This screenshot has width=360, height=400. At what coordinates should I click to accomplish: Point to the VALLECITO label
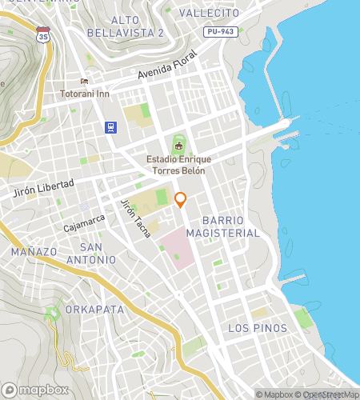[209, 14]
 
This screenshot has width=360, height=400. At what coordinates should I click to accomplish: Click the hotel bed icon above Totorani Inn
[84, 82]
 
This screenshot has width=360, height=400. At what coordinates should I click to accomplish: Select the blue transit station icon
[110, 127]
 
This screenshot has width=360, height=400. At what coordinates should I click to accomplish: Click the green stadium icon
[178, 146]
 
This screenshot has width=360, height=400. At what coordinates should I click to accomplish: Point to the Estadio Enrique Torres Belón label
[175, 165]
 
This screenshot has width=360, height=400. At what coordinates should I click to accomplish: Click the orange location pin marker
[181, 200]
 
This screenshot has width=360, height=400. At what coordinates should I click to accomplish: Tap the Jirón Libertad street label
[44, 189]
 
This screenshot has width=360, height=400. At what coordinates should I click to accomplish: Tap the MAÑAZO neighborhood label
[34, 251]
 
